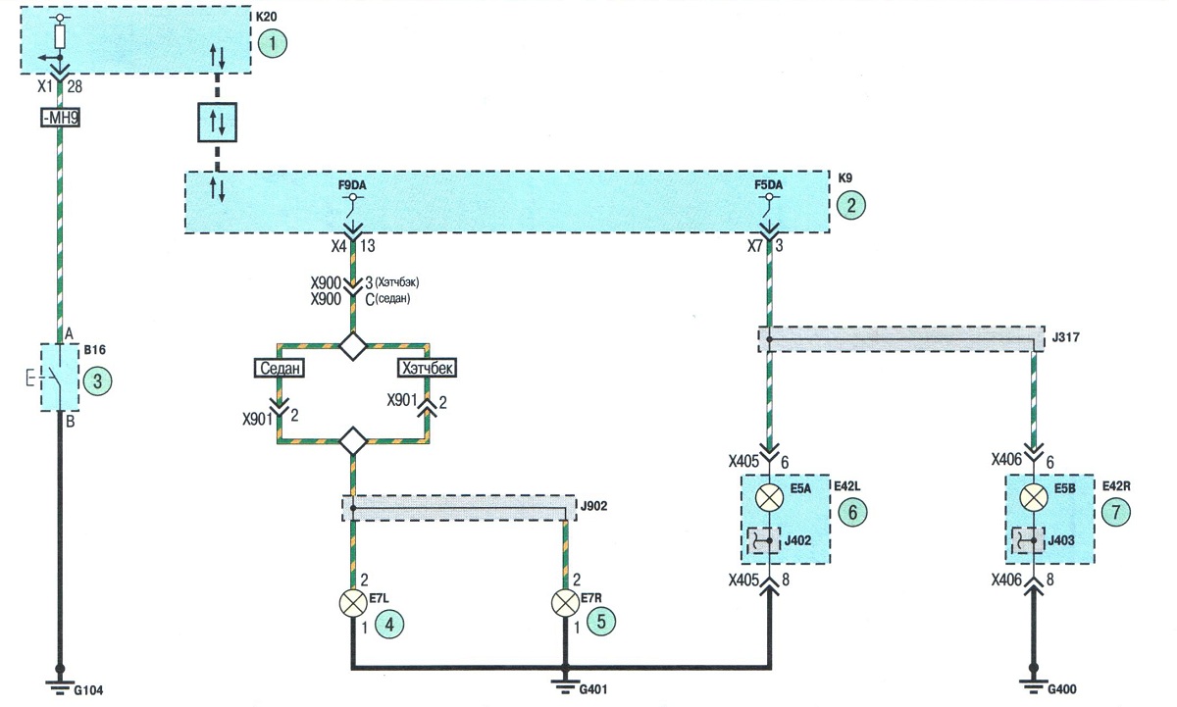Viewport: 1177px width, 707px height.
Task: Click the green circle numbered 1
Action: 273,43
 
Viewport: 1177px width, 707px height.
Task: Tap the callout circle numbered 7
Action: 1115,512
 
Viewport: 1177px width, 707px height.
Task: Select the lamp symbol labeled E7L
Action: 353,603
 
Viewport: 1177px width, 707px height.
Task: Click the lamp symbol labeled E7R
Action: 565,603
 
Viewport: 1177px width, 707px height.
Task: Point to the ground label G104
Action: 88,689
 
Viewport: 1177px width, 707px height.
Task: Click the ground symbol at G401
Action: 565,685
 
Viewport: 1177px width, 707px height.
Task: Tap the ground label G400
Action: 1061,688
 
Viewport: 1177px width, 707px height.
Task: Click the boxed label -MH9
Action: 61,117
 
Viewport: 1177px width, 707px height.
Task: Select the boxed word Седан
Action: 280,368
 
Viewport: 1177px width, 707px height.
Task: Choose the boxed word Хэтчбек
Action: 427,368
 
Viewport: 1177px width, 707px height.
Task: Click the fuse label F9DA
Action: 352,185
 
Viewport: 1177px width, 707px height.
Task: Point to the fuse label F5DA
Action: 768,185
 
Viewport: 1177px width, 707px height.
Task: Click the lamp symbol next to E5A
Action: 769,497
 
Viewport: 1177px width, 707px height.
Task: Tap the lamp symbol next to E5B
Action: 1034,497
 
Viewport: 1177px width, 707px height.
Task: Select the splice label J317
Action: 1065,337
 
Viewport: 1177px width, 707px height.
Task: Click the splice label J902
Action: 593,506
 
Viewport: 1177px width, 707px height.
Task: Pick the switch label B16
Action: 94,350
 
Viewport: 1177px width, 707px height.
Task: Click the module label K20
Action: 266,17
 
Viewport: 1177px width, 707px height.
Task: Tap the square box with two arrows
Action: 217,123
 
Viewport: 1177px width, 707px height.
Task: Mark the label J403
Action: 1061,540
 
